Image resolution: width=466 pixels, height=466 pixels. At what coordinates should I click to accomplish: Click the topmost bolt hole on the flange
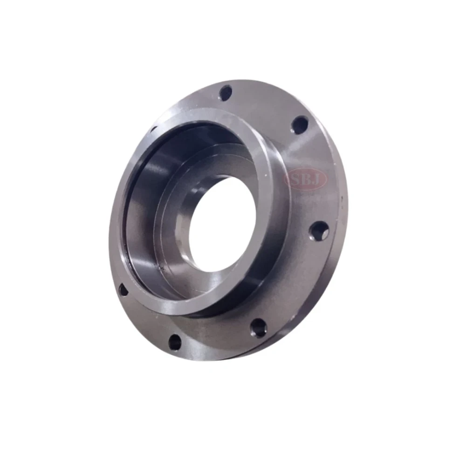tap(226, 93)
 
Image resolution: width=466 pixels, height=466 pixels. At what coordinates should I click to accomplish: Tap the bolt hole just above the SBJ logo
tap(300, 125)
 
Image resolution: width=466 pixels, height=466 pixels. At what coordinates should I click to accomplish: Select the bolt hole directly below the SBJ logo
tap(319, 231)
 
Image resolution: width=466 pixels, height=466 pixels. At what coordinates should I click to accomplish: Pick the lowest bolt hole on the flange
tap(175, 343)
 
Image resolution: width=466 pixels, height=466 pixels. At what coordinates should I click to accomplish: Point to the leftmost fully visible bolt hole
tap(123, 290)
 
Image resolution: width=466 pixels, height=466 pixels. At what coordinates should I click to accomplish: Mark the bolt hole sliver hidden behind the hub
tap(154, 129)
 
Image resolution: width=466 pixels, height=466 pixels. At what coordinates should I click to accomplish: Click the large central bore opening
tap(221, 225)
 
